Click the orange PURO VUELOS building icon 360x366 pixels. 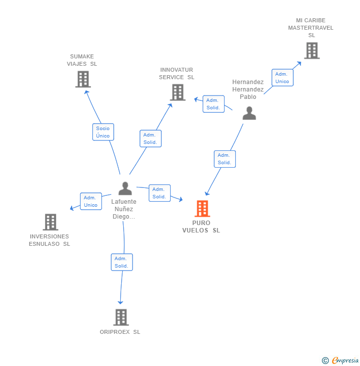coord(202,208)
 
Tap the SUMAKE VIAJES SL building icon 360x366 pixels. coord(83,79)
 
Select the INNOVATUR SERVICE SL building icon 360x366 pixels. coord(178,92)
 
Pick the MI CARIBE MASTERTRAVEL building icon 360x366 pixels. coord(312,50)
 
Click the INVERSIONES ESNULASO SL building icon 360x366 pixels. coord(50,222)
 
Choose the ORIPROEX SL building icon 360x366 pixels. coord(121,317)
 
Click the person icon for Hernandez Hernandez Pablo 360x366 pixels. coord(249,113)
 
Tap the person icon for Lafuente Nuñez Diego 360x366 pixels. coord(125,188)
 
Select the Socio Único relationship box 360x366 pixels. coord(103,132)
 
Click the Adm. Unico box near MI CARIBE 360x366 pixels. coord(282,78)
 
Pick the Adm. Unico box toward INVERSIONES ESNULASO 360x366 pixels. coord(91,201)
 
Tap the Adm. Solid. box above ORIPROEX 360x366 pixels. coord(122,262)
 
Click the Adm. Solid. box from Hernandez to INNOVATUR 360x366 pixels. coord(214,104)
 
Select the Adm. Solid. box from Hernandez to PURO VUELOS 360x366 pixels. coord(225,159)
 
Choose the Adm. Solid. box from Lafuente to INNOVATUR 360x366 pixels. coord(150,138)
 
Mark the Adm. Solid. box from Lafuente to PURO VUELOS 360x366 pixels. coord(160,193)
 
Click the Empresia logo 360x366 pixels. coord(340,361)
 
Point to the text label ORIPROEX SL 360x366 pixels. coord(120,332)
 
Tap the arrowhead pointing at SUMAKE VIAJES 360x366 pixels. coord(87,92)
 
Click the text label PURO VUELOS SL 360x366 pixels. coord(201,227)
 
